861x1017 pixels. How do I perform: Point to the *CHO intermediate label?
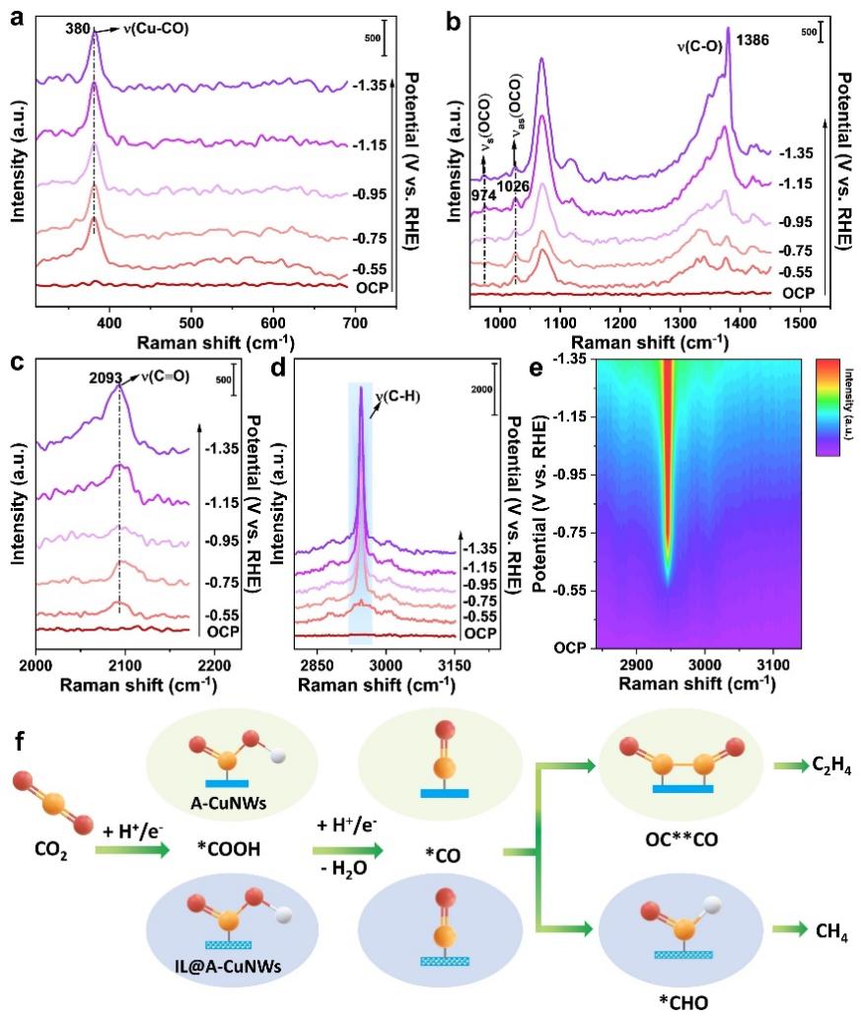tap(700, 998)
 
